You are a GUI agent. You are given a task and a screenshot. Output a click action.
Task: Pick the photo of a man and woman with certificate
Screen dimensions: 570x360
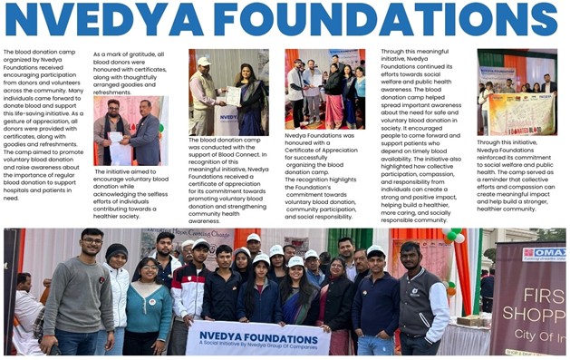[228, 92]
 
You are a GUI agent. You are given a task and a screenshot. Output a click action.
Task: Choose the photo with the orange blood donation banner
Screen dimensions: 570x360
[517, 92]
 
